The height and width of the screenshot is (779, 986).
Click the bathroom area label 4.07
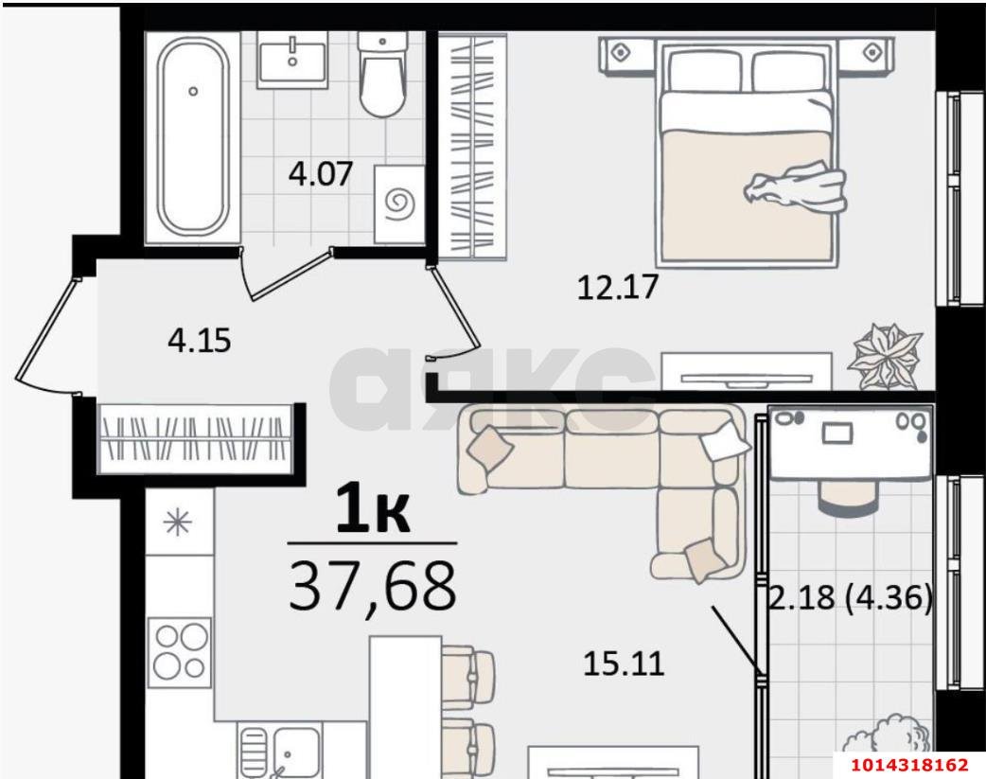point(320,175)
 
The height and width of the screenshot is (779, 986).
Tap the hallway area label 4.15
point(199,339)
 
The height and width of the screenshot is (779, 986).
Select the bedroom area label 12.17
point(617,286)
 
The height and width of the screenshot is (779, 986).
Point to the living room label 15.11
point(624,664)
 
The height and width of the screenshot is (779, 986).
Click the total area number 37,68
point(372,585)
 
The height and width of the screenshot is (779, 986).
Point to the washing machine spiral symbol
point(397,202)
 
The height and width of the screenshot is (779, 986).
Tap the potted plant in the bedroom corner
point(883,356)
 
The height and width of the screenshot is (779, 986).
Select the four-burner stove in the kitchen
point(180,649)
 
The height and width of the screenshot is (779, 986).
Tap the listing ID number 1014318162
point(907,764)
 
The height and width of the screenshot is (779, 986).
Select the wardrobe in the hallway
point(195,437)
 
